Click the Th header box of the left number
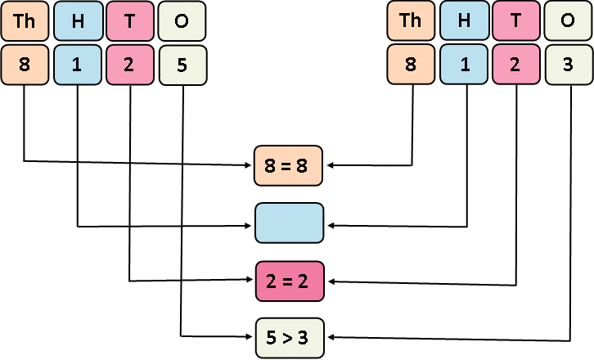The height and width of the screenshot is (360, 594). (25, 21)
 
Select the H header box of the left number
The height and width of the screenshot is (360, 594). (78, 21)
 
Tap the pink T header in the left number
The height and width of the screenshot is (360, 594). (130, 21)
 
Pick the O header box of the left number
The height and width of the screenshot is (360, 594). (182, 21)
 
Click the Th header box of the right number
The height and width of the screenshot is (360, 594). (411, 21)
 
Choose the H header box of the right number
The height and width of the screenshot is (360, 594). (464, 21)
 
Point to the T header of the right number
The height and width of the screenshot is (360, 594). (516, 21)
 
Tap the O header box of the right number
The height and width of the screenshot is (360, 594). (569, 21)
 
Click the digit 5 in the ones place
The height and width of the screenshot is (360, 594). (182, 65)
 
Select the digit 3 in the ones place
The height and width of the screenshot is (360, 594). (569, 65)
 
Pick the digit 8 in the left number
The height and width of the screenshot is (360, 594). (25, 65)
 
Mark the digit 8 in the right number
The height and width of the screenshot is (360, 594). (411, 65)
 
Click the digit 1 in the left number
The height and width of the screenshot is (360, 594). (78, 65)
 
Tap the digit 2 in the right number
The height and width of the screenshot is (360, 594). (516, 65)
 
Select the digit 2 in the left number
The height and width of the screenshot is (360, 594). (130, 65)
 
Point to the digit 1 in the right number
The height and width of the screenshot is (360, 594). (464, 65)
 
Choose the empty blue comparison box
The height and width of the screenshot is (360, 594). (290, 223)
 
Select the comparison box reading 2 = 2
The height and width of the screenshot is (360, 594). (290, 281)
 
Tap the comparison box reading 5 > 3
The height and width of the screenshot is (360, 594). (290, 336)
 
